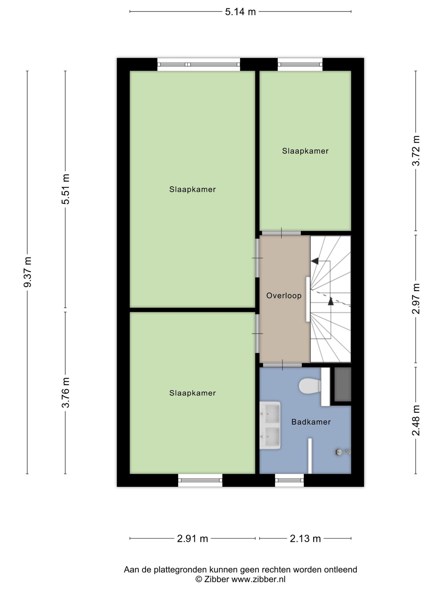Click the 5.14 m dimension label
coord(240,12)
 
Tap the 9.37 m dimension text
coord(28,272)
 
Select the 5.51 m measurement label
coord(66,189)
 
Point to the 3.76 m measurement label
coord(66,393)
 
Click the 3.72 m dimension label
coord(416,151)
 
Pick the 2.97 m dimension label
coord(416,299)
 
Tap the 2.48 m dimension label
coord(416,420)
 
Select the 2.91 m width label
coord(193,538)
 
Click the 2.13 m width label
coord(305,538)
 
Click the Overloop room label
coord(284,296)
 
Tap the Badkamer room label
coord(311,422)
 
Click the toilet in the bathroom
coord(310,386)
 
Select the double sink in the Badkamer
coord(270,425)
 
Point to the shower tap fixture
coord(343,452)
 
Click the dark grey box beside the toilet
coord(343,384)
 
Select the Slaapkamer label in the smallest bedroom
coord(305,151)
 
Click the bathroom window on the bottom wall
coord(289,480)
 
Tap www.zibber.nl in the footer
coord(258,580)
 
